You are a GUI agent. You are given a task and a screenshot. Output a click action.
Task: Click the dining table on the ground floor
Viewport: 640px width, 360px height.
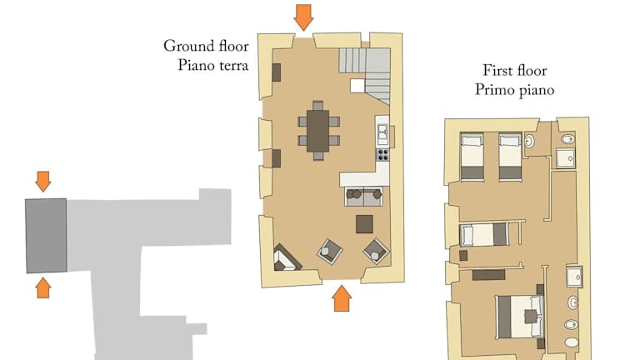tap(318, 131)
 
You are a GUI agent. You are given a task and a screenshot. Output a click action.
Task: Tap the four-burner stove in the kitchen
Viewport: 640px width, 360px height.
tap(382, 155)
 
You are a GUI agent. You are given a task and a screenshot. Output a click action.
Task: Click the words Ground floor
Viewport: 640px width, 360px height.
tap(206, 46)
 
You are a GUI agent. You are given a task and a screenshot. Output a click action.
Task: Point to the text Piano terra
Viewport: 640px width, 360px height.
tap(212, 65)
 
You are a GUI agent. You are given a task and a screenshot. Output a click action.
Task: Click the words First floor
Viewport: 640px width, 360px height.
tap(515, 71)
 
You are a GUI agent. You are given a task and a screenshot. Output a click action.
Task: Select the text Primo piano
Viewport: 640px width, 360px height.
tap(514, 90)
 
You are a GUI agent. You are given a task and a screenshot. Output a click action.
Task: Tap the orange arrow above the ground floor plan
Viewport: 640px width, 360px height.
tap(303, 17)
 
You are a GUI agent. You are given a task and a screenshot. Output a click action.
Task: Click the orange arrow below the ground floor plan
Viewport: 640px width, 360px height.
tap(342, 298)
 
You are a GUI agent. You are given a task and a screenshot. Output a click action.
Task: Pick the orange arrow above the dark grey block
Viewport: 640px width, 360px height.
tap(42, 182)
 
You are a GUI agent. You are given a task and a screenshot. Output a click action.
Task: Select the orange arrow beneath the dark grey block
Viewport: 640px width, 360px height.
tap(42, 287)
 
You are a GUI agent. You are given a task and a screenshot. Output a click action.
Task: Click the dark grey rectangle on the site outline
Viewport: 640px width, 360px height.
tap(46, 236)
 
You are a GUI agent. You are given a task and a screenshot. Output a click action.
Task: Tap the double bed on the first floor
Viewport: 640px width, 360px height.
tap(520, 317)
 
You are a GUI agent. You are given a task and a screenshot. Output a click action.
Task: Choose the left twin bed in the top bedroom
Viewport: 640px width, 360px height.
tap(472, 157)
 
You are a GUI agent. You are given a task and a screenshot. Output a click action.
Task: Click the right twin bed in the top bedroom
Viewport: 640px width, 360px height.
tap(510, 157)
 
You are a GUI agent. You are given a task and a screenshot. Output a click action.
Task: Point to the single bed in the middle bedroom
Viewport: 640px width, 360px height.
tap(483, 235)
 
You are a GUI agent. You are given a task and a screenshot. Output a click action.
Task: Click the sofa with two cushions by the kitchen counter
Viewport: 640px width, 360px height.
tap(363, 197)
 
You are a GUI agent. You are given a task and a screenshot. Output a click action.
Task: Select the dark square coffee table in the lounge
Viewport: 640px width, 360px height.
tap(364, 224)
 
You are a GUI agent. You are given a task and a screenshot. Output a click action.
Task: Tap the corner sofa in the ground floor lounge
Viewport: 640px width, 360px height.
tap(287, 259)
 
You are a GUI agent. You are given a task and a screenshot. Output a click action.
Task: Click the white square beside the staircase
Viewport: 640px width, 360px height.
tap(357, 86)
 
